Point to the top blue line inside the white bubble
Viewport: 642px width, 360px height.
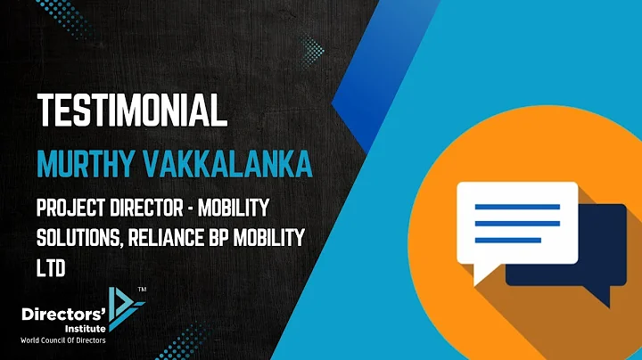(x=516, y=206)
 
